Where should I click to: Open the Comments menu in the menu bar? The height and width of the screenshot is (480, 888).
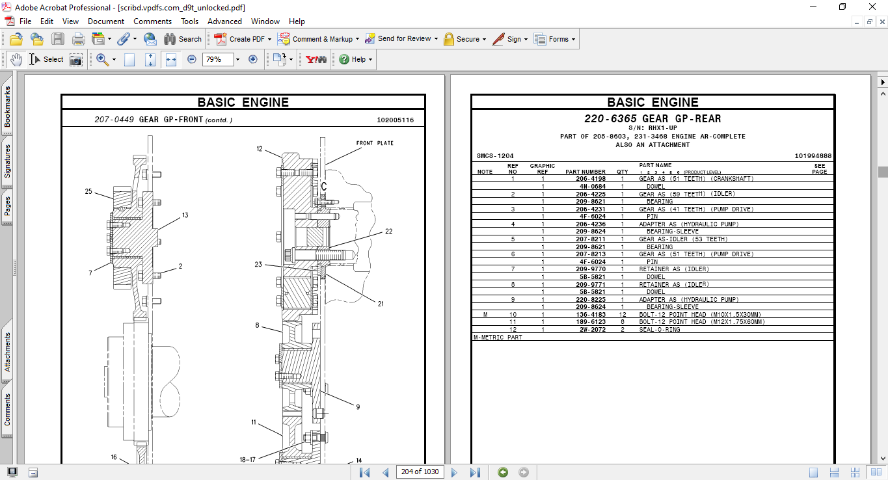click(x=152, y=21)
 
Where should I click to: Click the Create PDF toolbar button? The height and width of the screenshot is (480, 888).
click(x=239, y=39)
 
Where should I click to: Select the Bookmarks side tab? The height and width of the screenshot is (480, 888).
click(x=7, y=107)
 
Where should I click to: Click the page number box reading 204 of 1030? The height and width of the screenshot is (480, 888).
click(x=420, y=472)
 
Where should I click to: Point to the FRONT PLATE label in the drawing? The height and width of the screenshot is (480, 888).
click(x=374, y=143)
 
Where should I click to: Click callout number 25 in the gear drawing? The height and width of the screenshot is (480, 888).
click(x=88, y=191)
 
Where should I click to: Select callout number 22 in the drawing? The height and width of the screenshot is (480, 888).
click(x=388, y=231)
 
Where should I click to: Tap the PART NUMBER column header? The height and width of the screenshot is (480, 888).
click(x=585, y=172)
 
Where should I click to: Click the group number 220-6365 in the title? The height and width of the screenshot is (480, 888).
click(x=610, y=119)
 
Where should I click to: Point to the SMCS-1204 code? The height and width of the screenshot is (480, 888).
click(x=495, y=156)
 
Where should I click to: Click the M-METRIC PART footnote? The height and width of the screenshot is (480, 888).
click(x=498, y=338)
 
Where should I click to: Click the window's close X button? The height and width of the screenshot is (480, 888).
click(x=872, y=7)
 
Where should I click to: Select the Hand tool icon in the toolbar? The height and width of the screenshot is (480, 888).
click(x=16, y=59)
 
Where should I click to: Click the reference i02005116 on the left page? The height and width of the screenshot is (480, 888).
click(x=395, y=120)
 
